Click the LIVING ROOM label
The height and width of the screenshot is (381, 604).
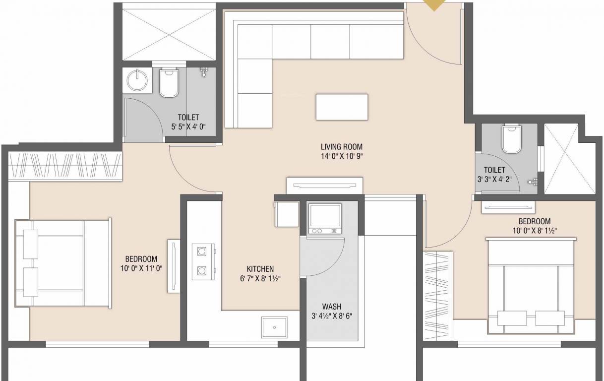pos(341,147)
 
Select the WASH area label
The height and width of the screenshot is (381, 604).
pos(331,307)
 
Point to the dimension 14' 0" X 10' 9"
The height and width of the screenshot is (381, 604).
pos(341,156)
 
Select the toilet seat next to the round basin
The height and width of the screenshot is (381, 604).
pos(169,83)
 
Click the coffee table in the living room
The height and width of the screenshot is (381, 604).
pos(342,107)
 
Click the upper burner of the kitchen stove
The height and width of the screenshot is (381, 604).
pos(202,251)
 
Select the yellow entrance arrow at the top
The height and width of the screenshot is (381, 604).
pos(435,5)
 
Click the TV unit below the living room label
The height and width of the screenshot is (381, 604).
pos(325,186)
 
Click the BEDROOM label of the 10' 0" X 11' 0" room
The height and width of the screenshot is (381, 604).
pos(141,259)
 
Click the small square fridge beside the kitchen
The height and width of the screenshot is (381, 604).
pos(286,214)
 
